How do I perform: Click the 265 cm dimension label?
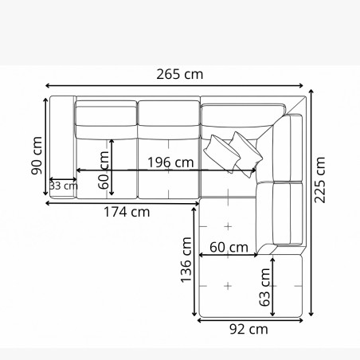click(181, 75)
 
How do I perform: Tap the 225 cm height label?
click(320, 180)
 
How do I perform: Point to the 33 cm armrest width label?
click(63, 186)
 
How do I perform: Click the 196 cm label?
click(170, 162)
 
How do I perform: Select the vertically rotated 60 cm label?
click(104, 170)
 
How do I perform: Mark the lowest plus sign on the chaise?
click(229, 285)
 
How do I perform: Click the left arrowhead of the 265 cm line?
click(48, 84)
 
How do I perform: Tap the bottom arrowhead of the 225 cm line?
click(312, 318)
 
